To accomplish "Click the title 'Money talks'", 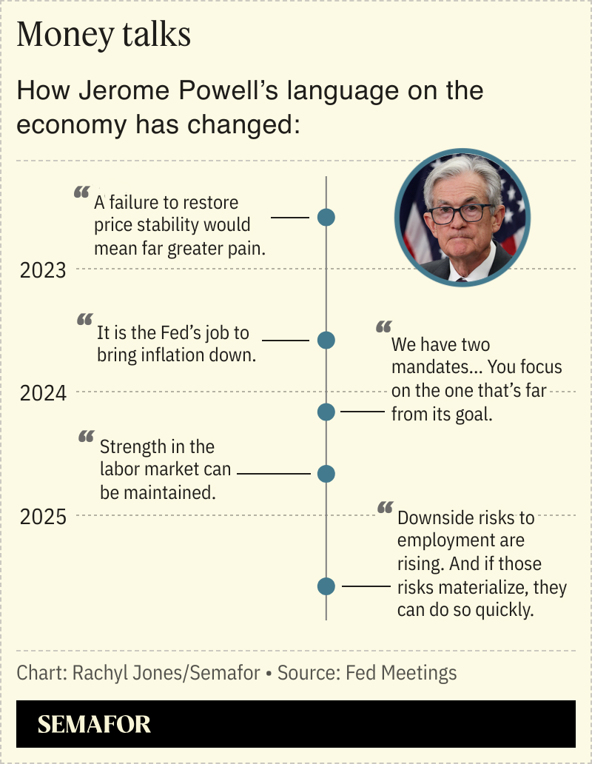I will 104,35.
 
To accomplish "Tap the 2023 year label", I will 43,271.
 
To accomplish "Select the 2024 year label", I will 43,393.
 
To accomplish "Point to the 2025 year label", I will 43,516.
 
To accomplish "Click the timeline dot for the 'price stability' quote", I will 326,218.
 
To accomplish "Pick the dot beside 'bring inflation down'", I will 326,341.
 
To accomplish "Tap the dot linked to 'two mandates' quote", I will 326,412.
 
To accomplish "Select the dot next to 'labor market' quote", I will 326,474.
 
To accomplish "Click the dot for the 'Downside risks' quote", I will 326,586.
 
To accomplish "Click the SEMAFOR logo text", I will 94,724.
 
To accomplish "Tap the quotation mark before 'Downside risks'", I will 384,508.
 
